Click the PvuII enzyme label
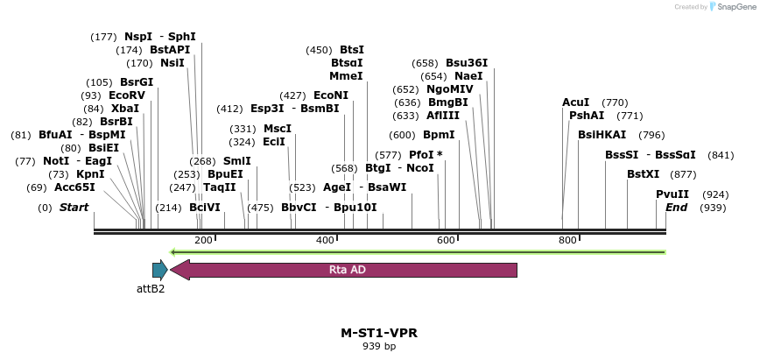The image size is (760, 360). (672, 194)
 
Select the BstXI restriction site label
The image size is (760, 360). (643, 174)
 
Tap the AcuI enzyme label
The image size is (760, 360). (575, 102)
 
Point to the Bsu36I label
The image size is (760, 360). (467, 63)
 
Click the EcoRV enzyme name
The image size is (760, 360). (126, 95)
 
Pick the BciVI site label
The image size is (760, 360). (205, 208)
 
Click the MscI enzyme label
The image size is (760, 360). (277, 129)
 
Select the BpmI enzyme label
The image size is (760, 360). (439, 135)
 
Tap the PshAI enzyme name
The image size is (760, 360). (586, 116)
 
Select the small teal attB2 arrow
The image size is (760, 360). (159, 270)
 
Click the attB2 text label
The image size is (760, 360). (151, 288)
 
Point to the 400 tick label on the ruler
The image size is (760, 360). (325, 240)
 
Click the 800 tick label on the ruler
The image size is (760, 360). (567, 240)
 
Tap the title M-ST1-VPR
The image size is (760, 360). (379, 334)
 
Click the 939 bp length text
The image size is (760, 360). (379, 347)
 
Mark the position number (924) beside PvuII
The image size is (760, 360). (715, 194)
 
